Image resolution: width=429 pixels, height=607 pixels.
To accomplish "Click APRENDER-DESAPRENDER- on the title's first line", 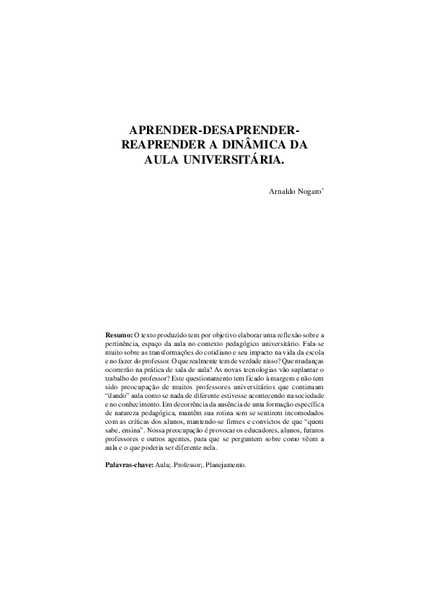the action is tap(214, 130).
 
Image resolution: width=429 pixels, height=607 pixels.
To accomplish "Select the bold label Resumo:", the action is tap(119, 336).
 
